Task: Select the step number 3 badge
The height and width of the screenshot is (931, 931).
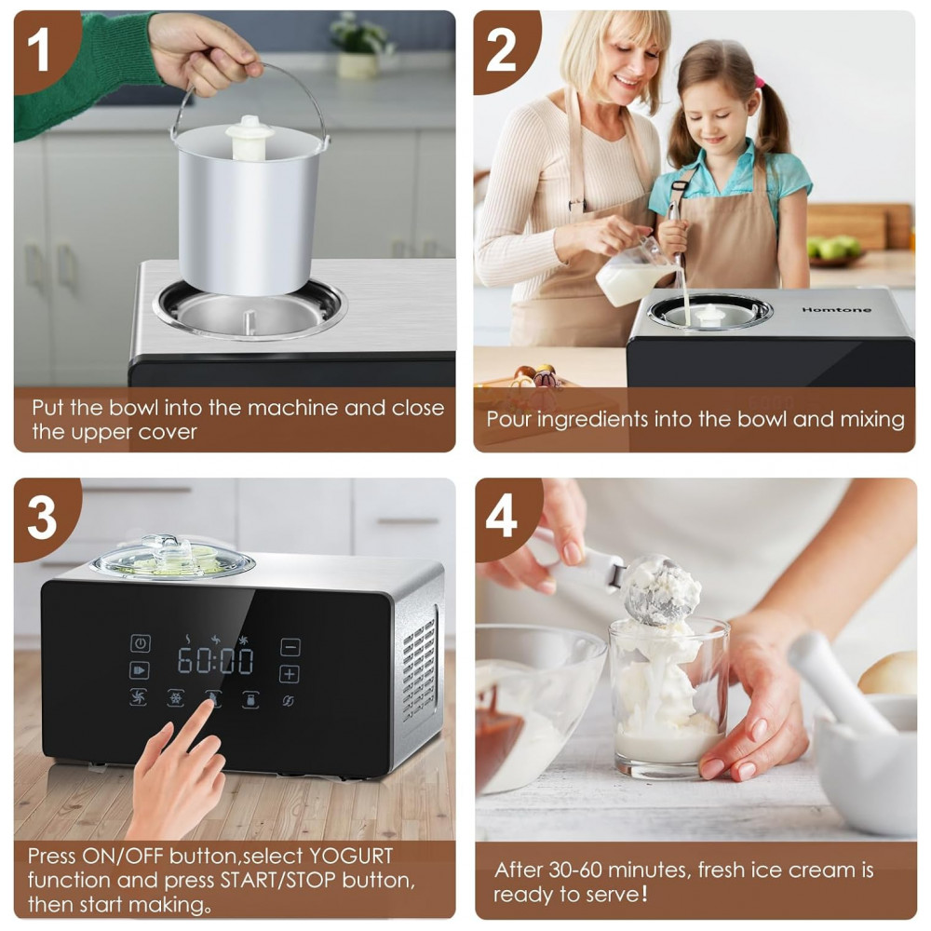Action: coord(42,517)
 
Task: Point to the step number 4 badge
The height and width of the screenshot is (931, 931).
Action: coord(502,517)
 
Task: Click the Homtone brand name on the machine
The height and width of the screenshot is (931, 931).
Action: coord(836,309)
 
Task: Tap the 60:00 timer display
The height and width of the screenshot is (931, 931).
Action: coord(216,661)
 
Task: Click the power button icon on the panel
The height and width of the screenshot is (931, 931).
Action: coord(141,643)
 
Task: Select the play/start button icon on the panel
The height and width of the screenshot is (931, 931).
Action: coord(140,670)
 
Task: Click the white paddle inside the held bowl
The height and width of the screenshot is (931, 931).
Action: coord(250,137)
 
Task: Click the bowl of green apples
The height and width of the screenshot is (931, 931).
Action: coord(834,250)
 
